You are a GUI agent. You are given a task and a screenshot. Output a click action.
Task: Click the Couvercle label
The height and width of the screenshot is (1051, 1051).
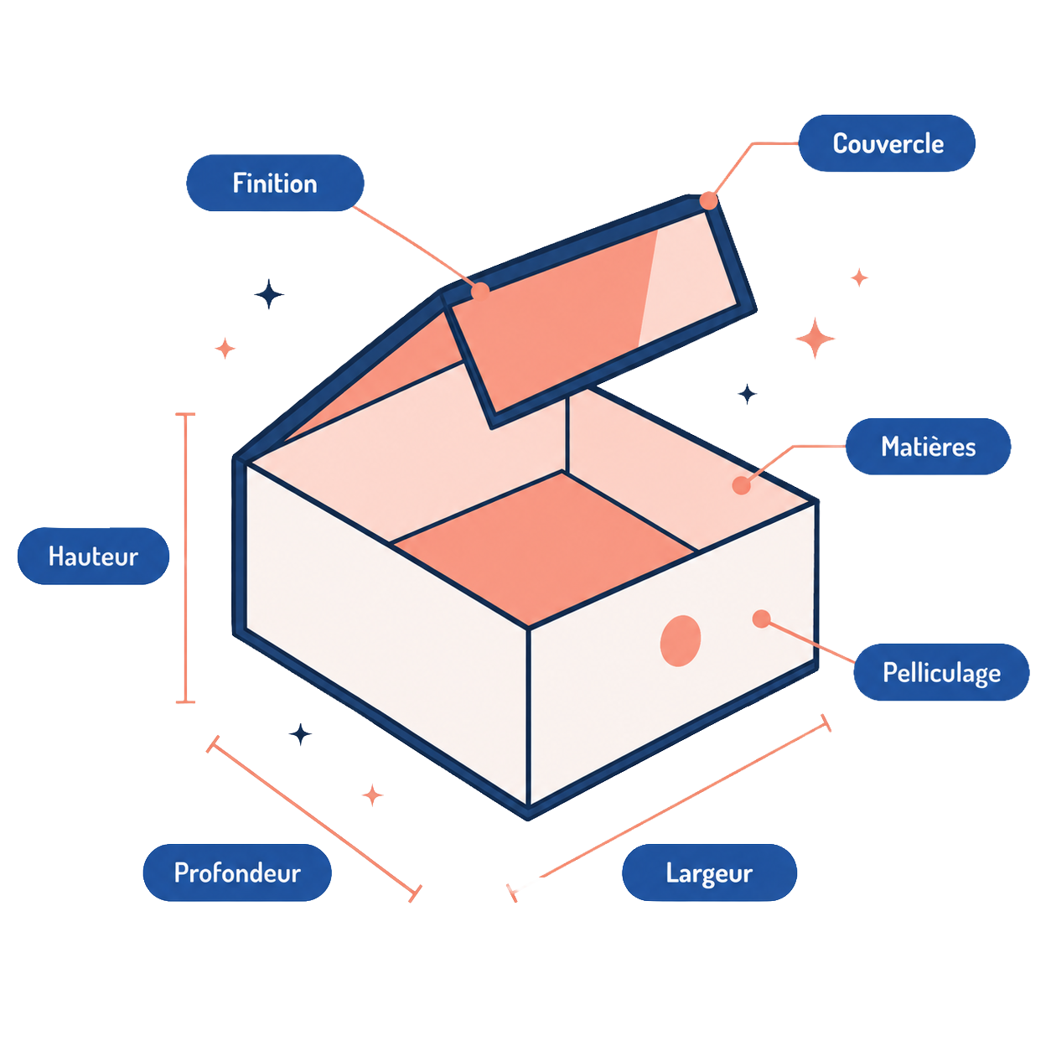point(886,142)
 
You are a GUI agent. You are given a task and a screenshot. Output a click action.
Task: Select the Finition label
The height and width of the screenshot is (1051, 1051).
point(275,183)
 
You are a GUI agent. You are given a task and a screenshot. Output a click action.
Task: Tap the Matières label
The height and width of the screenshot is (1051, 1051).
point(928,446)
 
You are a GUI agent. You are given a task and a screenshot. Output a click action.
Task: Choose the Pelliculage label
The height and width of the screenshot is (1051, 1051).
point(941,672)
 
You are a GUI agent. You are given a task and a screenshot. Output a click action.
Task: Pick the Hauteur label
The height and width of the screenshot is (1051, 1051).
point(93,556)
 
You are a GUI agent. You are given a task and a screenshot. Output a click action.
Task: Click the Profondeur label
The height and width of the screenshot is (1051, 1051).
point(237,872)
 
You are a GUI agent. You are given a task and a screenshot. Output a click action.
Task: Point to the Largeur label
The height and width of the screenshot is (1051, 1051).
point(709,872)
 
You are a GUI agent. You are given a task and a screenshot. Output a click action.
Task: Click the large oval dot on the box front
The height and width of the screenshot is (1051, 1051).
point(680,641)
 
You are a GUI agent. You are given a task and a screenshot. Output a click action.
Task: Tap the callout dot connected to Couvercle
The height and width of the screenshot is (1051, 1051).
point(708,200)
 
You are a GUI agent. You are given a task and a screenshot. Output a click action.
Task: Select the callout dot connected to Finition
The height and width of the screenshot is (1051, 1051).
point(480,292)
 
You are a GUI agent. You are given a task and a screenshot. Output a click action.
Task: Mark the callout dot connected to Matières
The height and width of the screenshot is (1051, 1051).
point(741,485)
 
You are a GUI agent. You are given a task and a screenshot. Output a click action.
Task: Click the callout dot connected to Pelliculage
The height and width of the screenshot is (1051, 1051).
point(761,619)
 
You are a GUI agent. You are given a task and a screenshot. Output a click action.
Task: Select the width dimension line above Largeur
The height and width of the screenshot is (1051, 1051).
point(669,808)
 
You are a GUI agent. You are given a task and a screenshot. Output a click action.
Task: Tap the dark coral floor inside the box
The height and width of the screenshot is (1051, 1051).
point(544,548)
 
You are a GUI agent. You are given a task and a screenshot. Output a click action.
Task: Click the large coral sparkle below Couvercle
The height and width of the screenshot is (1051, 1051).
point(815,339)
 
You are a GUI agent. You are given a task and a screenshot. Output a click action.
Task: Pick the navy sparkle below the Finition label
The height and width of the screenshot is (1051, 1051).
point(269,294)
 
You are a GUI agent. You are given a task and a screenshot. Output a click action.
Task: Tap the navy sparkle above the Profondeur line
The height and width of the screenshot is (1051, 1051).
point(300,734)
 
